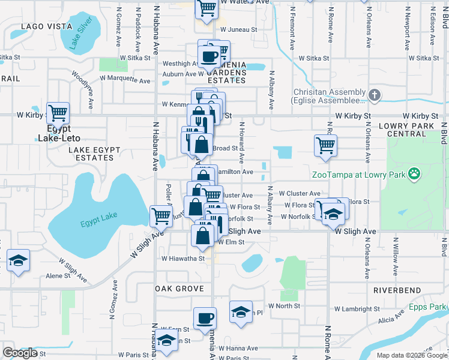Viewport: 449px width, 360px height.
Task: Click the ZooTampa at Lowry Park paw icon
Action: [414, 175]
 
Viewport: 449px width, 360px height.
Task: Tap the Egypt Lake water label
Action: [100, 224]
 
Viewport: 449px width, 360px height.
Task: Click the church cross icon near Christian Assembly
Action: [374, 95]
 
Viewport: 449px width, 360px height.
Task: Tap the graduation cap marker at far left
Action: [18, 260]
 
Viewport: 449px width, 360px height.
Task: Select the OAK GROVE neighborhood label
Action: [179, 289]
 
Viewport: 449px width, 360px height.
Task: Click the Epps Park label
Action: [428, 307]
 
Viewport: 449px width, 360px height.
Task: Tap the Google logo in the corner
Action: [20, 353]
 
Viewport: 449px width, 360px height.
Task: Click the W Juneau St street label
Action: [238, 29]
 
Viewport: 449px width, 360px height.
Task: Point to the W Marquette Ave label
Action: [125, 80]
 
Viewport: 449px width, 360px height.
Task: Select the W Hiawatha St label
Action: [182, 259]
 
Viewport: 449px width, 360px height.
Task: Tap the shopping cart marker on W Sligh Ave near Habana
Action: [160, 215]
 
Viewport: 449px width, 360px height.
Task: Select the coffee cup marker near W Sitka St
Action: [209, 56]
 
